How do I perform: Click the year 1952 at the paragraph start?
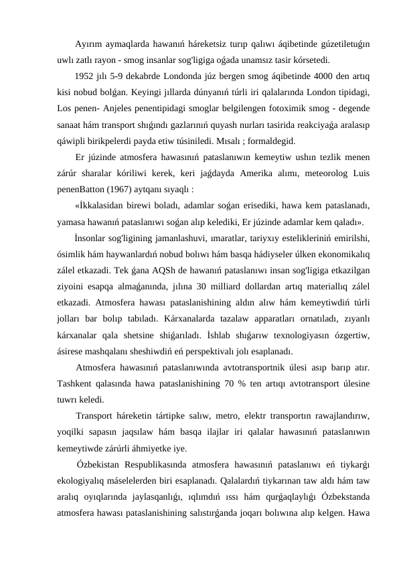86,74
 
